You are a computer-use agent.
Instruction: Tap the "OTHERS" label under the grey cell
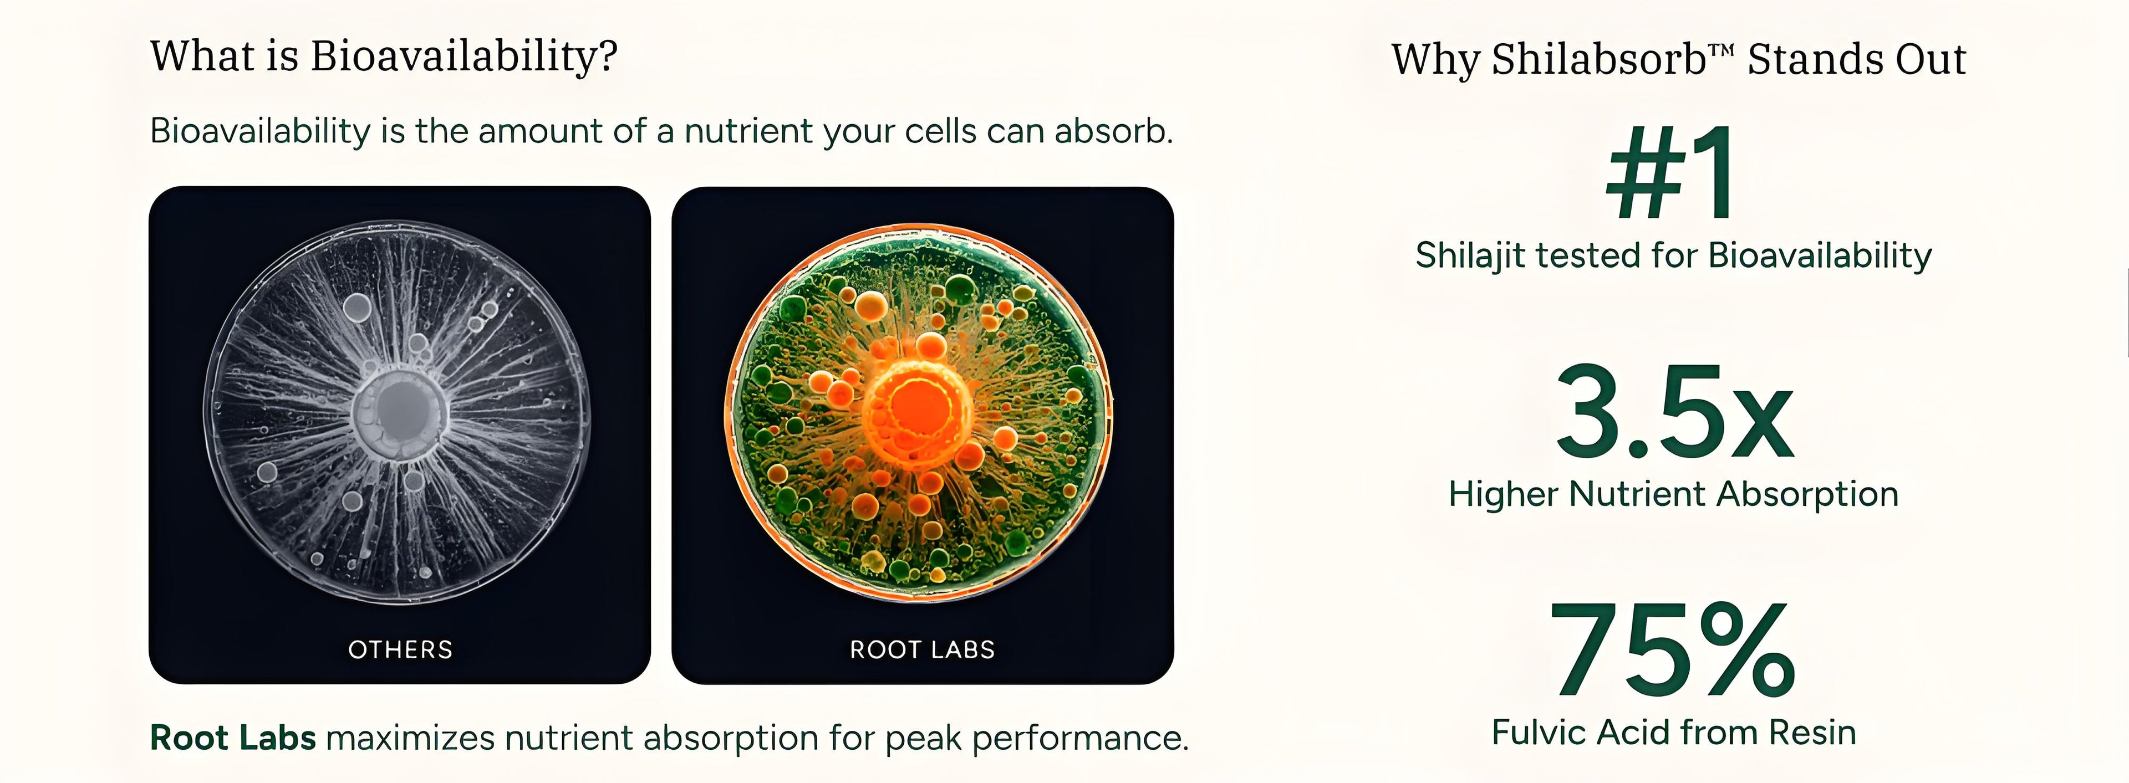tap(400, 650)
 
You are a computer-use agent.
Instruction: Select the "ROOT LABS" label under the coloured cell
tap(923, 650)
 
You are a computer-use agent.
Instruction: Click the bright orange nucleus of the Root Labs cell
tap(918, 410)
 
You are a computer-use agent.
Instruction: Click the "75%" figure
tap(1672, 649)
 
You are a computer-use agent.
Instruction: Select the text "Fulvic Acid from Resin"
tap(1674, 733)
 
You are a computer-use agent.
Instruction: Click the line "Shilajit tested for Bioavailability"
tap(1674, 256)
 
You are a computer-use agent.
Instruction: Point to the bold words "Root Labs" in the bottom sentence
tap(233, 738)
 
